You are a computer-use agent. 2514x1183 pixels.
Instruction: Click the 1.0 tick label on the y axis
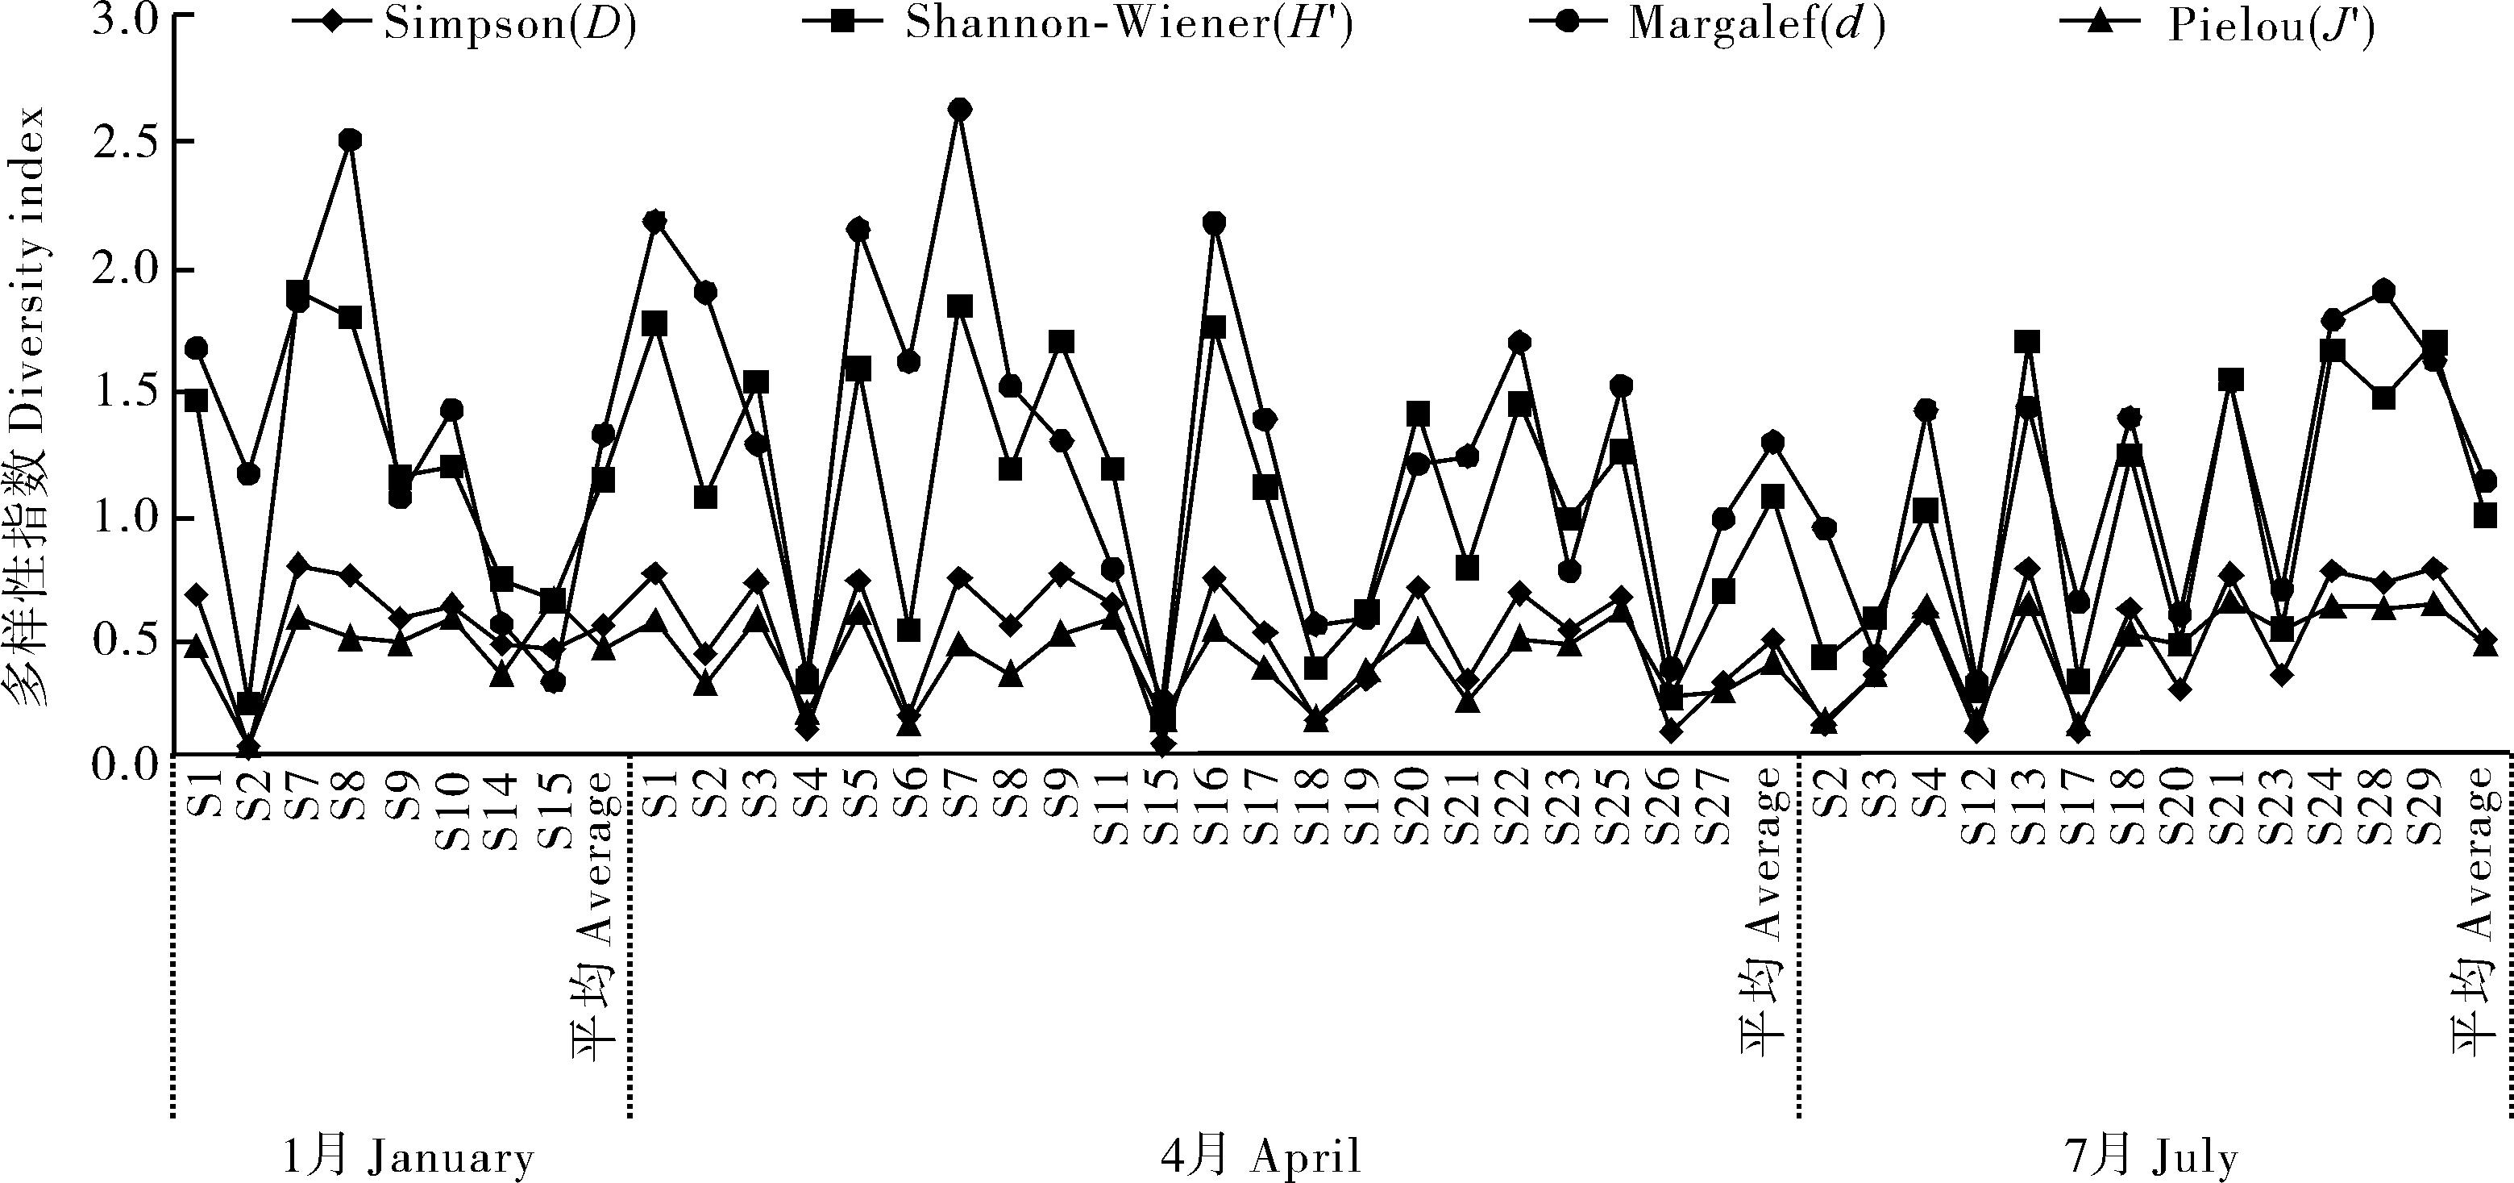pyautogui.click(x=126, y=518)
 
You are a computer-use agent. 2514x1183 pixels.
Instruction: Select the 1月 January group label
pyautogui.click(x=408, y=1158)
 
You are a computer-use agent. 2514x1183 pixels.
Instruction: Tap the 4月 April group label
pyautogui.click(x=1260, y=1158)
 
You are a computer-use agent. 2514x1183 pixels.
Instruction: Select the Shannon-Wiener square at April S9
pyautogui.click(x=1062, y=343)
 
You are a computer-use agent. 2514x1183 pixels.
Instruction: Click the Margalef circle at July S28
pyautogui.click(x=2383, y=291)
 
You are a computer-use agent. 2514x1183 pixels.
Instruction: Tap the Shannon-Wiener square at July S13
pyautogui.click(x=2027, y=343)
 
